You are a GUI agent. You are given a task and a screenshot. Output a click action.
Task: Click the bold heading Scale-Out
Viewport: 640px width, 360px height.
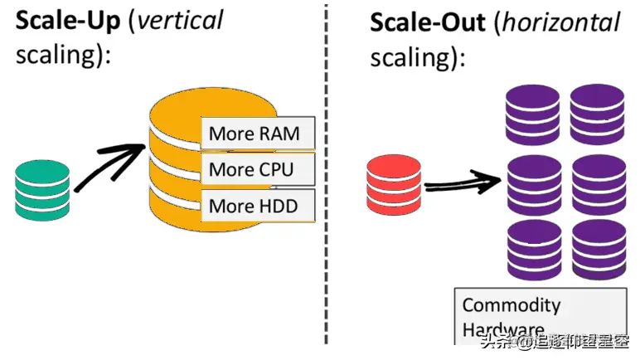426,22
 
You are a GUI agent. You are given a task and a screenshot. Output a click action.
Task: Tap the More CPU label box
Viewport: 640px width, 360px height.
251,170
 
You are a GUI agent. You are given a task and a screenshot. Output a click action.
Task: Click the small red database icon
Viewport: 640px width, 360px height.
395,187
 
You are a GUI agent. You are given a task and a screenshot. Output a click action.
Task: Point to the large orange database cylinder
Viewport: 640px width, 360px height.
174,166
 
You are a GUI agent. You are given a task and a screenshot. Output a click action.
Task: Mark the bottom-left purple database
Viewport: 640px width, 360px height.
533,249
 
